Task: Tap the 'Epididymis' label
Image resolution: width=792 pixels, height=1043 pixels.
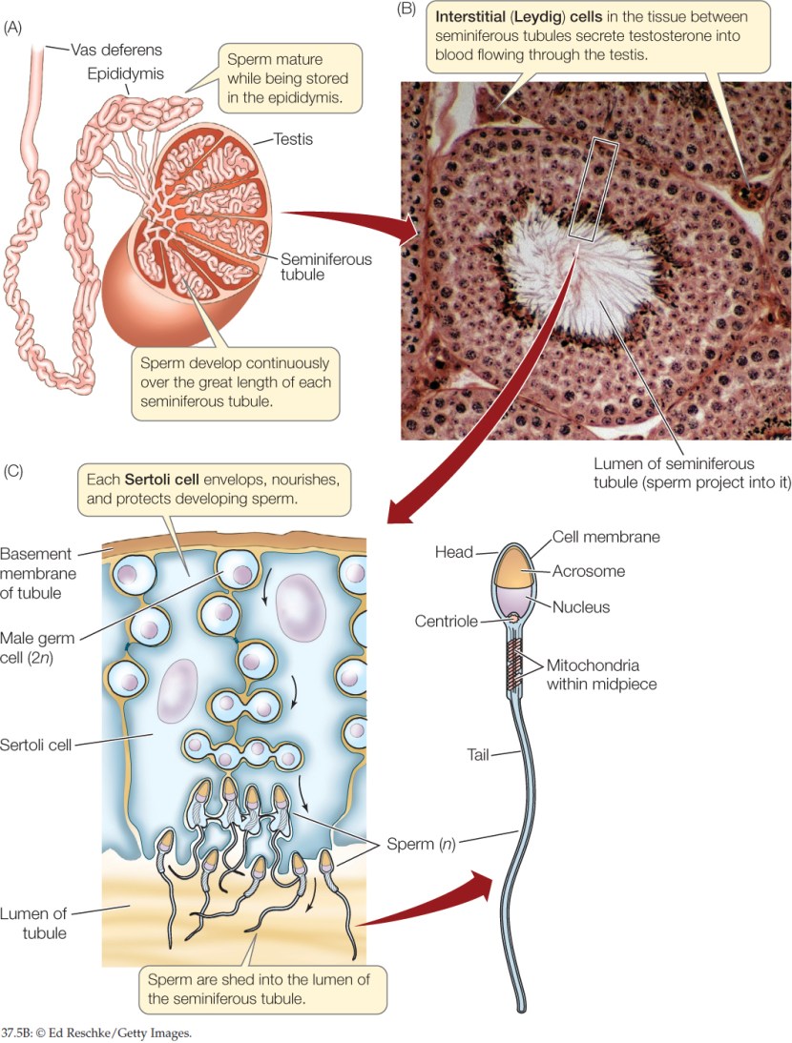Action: point(124,72)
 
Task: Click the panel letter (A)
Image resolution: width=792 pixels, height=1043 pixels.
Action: point(15,28)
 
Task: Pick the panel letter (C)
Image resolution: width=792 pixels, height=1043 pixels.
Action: point(15,471)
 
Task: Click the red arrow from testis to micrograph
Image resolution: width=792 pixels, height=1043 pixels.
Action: point(363,221)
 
